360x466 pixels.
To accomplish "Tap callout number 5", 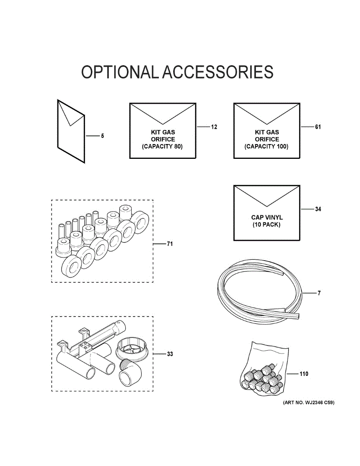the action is pyautogui.click(x=103, y=136).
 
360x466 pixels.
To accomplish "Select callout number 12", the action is pyautogui.click(x=214, y=127).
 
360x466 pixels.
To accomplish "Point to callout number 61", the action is pyautogui.click(x=318, y=127).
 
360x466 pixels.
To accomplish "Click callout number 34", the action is pyautogui.click(x=318, y=209).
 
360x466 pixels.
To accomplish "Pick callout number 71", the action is pyautogui.click(x=170, y=244).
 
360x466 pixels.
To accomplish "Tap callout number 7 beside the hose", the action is pyautogui.click(x=319, y=293).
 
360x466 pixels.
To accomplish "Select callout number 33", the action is pyautogui.click(x=170, y=354).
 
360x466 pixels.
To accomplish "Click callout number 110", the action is pyautogui.click(x=304, y=374).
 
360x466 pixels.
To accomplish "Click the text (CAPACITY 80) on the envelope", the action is pyautogui.click(x=162, y=147).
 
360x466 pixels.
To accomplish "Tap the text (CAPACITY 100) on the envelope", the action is pyautogui.click(x=266, y=147).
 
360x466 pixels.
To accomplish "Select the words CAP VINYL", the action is pyautogui.click(x=267, y=217).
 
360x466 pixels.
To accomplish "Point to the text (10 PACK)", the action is pyautogui.click(x=266, y=225).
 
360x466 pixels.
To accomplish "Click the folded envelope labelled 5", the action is pyautogui.click(x=71, y=131).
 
